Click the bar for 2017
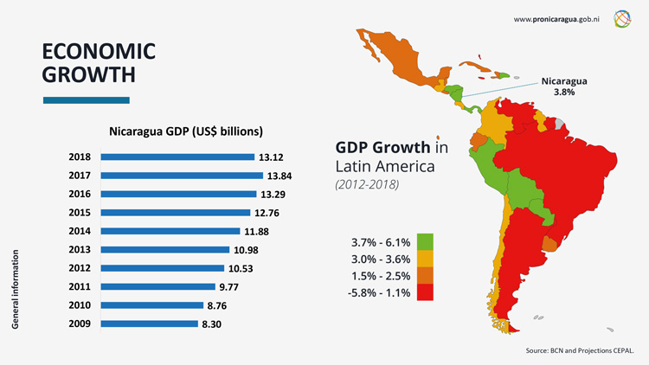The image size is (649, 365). coord(182,176)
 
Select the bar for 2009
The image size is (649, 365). coord(149,323)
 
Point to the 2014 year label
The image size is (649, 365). coord(80,231)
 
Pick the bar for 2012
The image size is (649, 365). coord(164,268)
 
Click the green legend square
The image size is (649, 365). coord(425,241)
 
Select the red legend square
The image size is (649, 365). coord(425,292)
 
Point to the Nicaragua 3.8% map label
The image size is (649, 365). coord(564,86)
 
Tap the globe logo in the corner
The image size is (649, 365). coord(624,18)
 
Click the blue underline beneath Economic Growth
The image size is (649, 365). coord(87,100)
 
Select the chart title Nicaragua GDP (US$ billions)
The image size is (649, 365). coord(186,132)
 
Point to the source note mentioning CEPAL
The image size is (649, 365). coord(580,352)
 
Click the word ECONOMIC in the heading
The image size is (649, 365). coord(99,51)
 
